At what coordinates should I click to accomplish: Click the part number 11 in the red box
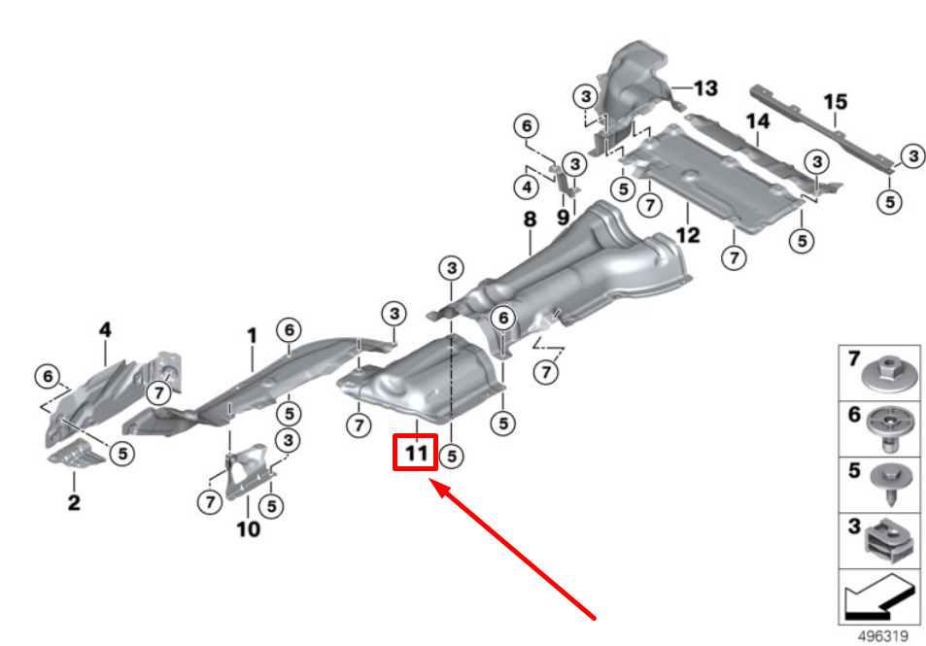[416, 454]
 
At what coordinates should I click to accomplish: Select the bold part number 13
[705, 88]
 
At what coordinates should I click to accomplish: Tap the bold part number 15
[835, 102]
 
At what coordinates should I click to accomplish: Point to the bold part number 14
[758, 121]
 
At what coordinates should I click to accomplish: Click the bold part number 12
[688, 235]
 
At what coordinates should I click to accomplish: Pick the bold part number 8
[530, 220]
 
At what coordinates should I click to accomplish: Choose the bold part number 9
[563, 218]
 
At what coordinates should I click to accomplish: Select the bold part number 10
[248, 528]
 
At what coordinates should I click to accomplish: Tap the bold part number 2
[74, 502]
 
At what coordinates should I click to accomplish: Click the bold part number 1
[253, 335]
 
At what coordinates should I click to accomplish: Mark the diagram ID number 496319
[883, 636]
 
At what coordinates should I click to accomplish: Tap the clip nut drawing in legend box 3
[889, 539]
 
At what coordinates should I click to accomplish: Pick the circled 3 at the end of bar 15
[913, 155]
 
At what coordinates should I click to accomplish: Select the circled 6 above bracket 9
[527, 125]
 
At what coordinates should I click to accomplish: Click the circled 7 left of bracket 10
[210, 502]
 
